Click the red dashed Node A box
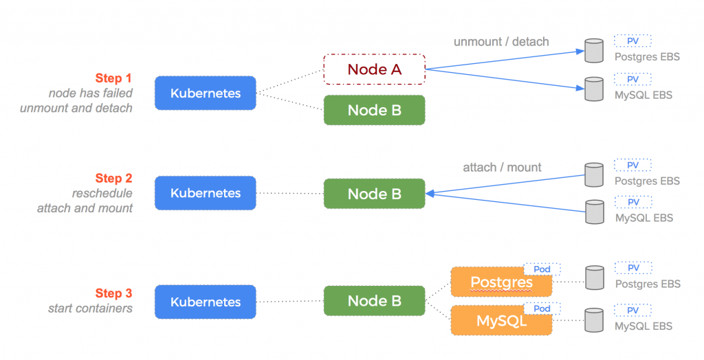pos(375,69)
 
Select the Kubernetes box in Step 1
pos(206,93)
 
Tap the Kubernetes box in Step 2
pos(206,193)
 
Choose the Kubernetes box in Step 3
pos(206,302)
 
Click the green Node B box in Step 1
pos(375,110)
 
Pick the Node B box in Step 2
pos(375,194)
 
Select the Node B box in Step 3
pos(375,301)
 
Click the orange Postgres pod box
pos(501,282)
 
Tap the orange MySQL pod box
pos(501,321)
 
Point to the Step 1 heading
pos(113,78)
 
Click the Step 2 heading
pos(113,178)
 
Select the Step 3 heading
pos(113,293)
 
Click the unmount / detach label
pos(501,42)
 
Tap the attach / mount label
pos(502,168)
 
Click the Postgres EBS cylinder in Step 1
pos(594,51)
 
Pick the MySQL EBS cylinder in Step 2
pos(595,212)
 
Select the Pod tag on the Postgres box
pos(542,269)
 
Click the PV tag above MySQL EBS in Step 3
pos(633,311)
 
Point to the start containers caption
pos(90,308)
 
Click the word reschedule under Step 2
pos(102,193)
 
